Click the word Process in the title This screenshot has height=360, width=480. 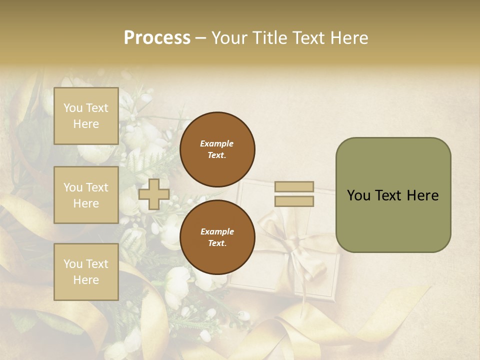(157, 38)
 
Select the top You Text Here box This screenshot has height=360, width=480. (86, 116)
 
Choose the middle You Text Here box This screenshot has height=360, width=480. (86, 195)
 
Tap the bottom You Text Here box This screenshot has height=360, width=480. (86, 272)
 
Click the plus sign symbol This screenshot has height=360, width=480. (153, 194)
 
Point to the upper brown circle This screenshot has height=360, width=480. (217, 149)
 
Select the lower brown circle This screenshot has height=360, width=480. (217, 237)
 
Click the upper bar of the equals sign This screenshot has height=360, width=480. (294, 186)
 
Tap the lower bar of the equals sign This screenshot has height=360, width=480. (294, 201)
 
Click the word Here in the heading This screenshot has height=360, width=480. (350, 38)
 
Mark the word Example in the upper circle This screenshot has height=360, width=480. (217, 143)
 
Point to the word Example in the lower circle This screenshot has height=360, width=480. (217, 231)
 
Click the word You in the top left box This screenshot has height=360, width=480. (73, 108)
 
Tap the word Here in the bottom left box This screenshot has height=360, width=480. (86, 280)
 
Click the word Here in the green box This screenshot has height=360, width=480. (423, 195)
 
